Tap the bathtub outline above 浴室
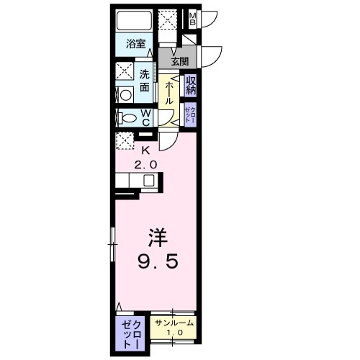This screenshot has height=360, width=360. pyautogui.click(x=134, y=21)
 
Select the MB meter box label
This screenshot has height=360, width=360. pyautogui.click(x=192, y=19)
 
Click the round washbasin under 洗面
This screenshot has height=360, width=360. pyautogui.click(x=124, y=94)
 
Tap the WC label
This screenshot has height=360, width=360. pyautogui.click(x=145, y=117)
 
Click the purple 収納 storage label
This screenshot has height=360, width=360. pyautogui.click(x=191, y=86)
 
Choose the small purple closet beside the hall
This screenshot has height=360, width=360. pyautogui.click(x=190, y=114)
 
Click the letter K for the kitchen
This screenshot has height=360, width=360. pyautogui.click(x=145, y=150)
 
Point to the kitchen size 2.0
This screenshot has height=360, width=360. pyautogui.click(x=145, y=163)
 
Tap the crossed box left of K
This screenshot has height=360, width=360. pyautogui.click(x=124, y=140)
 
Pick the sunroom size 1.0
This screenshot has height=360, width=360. pyautogui.click(x=173, y=333)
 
